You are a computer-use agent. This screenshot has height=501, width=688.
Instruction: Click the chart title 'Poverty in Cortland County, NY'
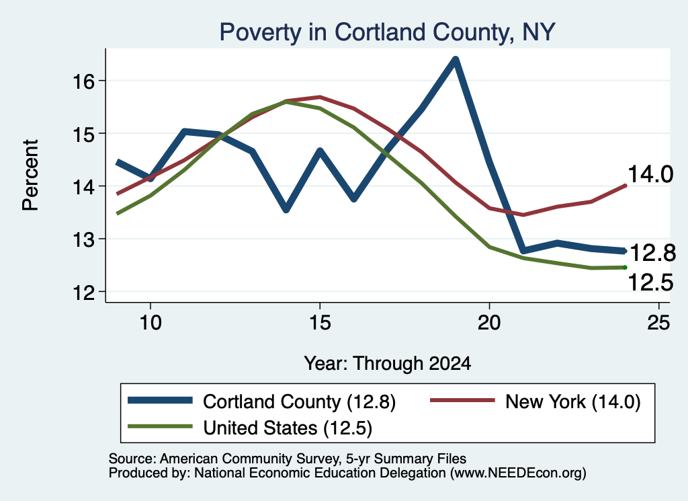coord(388,32)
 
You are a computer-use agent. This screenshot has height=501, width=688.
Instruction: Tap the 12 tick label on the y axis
coord(83,292)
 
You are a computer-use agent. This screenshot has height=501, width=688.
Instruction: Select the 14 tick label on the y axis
coord(83,186)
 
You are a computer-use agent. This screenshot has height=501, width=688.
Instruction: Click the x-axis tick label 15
coord(320,323)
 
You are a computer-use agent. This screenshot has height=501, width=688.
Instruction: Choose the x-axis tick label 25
coord(658,323)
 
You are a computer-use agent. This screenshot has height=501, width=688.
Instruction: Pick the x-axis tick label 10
coord(150,323)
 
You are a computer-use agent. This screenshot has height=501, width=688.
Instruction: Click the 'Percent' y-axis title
coord(30,176)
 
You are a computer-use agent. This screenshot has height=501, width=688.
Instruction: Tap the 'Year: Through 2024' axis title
coord(388,364)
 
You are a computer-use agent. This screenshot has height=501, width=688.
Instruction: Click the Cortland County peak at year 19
coord(456,60)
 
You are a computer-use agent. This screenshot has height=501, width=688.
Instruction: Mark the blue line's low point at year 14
coord(286,209)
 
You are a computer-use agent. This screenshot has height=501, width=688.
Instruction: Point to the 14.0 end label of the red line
coord(650,174)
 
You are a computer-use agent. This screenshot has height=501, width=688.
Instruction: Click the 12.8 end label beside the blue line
coord(652,253)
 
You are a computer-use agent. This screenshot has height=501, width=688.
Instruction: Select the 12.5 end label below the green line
coord(650,282)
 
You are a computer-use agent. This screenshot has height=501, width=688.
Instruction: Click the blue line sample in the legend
coord(160,400)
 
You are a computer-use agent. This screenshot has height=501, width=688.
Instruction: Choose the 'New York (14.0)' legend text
coord(572,401)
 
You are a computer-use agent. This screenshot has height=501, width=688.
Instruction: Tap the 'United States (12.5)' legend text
coord(288,428)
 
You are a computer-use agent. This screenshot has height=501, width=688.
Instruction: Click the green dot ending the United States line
coord(625,268)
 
